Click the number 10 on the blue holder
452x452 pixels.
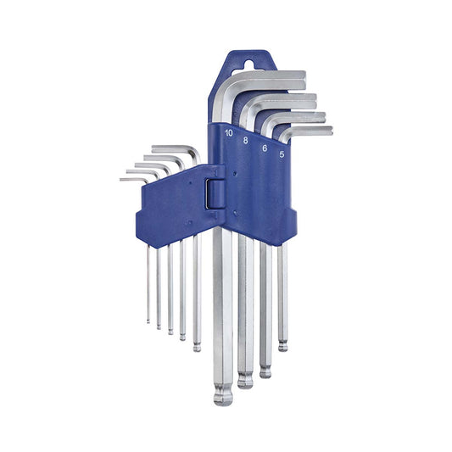(229, 133)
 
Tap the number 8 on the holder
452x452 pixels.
(245, 141)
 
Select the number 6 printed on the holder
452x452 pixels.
(265, 148)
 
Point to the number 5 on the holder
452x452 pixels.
(282, 154)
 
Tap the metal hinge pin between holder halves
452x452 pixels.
(208, 193)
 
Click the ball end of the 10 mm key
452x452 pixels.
(223, 398)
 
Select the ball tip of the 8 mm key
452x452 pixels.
(245, 380)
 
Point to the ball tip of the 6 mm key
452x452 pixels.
(265, 372)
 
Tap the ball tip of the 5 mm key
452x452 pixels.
(282, 346)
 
